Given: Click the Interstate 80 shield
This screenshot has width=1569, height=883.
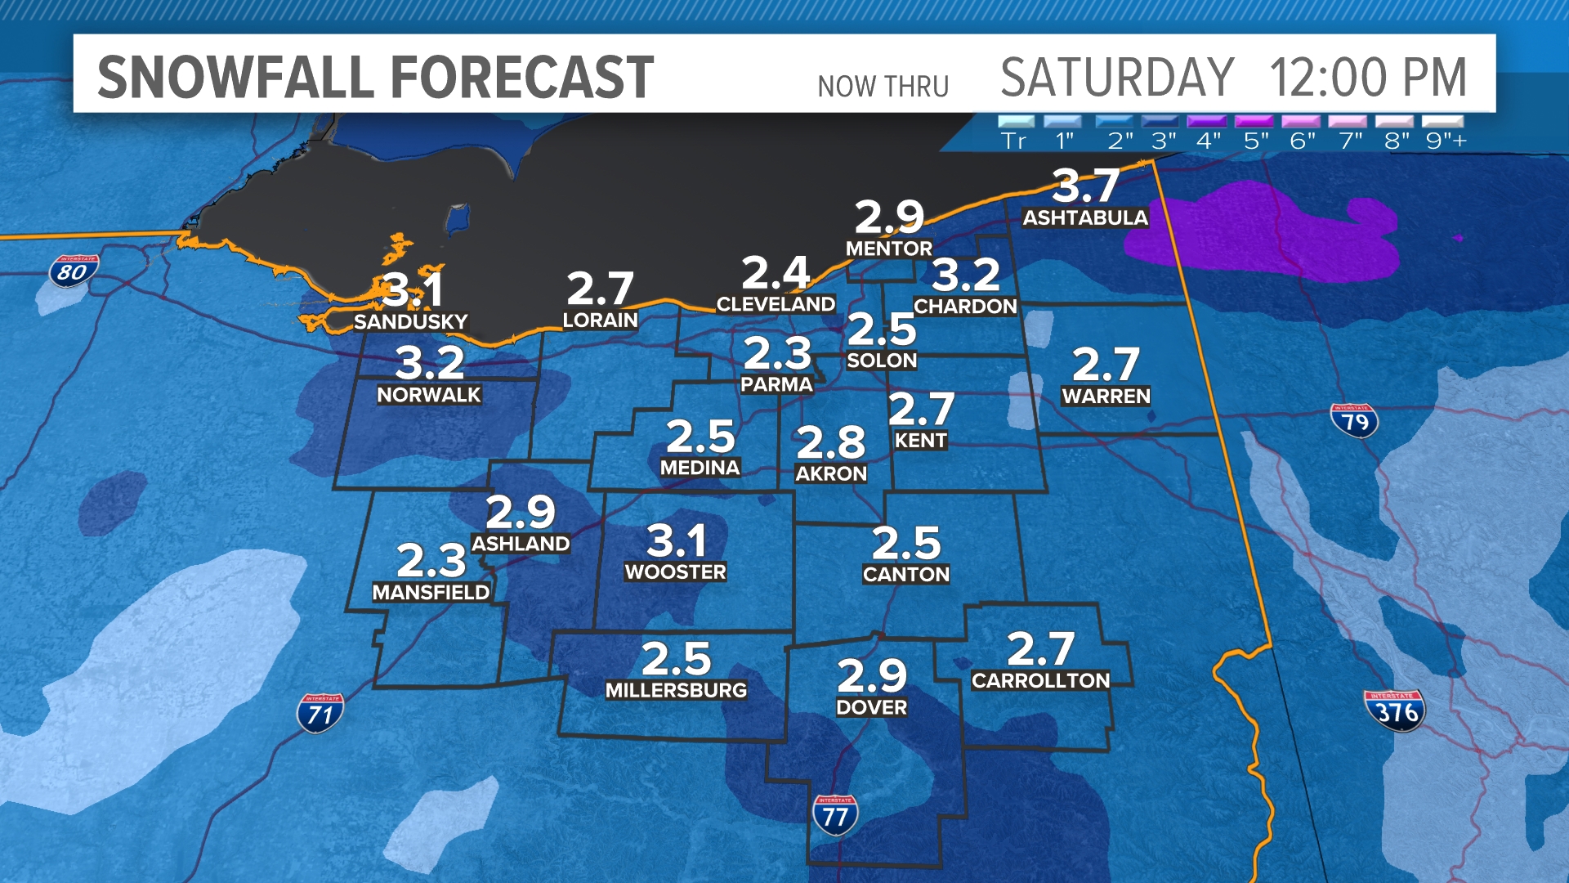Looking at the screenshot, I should pos(73,271).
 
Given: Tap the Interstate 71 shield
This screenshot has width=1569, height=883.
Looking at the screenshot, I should pos(320,713).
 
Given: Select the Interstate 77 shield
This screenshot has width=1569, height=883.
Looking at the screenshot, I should pos(834,815).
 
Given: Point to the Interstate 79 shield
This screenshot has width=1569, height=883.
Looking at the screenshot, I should pos(1354,420).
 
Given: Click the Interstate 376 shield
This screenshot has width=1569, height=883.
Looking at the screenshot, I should pos(1395,710).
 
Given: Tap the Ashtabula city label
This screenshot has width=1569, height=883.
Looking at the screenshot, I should pos(1085,217).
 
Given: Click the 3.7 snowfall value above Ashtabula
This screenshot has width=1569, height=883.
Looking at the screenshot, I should pos(1085,186).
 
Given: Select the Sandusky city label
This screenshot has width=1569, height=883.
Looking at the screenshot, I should pos(410,321).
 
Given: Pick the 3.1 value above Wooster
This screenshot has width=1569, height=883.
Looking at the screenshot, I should pos(676,540).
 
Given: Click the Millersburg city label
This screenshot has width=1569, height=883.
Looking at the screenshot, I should pos(676,690).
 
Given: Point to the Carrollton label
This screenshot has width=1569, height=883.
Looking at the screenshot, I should pos(1040,680).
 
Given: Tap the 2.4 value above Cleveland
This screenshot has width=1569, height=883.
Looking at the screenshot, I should pos(776,272).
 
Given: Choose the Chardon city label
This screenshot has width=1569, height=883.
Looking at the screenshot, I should pos(965,307).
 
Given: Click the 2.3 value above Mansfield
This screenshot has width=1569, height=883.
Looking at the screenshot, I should pos(431,561).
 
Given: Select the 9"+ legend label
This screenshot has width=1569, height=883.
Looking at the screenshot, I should pos(1446,141).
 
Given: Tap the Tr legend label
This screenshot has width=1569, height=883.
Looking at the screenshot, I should pos(1013,141).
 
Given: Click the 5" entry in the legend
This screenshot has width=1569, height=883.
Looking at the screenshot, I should pos(1256,141).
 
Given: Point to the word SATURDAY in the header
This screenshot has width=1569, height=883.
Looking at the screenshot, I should pos(1116,78).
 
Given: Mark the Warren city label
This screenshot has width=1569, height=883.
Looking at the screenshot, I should pos(1106,397).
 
